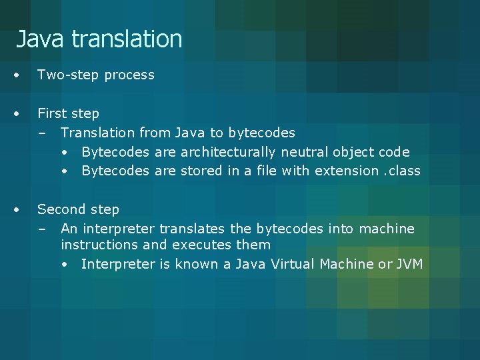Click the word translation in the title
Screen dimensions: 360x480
coord(127,39)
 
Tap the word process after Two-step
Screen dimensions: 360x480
coord(129,75)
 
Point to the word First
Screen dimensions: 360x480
coord(51,113)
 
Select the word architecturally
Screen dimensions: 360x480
coord(229,152)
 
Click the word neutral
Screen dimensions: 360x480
coord(305,152)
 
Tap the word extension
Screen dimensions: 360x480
coord(346,171)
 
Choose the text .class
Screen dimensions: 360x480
coord(402,171)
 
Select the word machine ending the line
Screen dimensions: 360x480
coord(387,229)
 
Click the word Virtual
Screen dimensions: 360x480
coord(293,264)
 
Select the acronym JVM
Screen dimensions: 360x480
coord(409,264)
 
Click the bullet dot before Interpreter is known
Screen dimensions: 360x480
coord(65,265)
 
